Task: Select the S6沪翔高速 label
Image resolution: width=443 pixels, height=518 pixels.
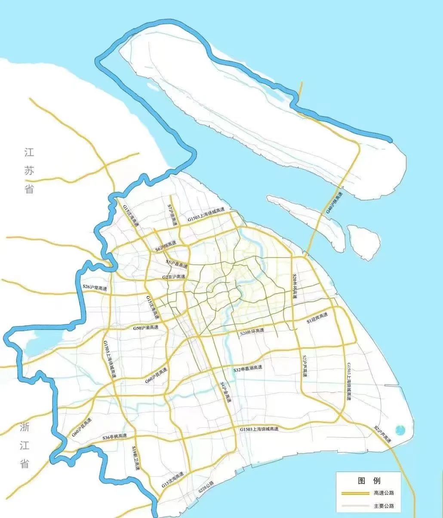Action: tap(166, 246)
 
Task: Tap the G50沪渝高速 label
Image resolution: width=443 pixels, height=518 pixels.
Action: tap(145, 328)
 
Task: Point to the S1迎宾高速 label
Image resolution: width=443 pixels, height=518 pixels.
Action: tap(317, 318)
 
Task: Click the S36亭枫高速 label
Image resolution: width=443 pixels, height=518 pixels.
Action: tap(114, 437)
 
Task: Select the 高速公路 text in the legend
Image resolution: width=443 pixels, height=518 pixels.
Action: tap(384, 493)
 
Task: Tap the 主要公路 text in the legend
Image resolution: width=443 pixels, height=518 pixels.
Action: tap(384, 506)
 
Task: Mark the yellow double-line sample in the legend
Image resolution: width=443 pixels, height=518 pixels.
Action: tap(355, 493)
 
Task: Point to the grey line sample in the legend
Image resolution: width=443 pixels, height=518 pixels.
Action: tap(355, 506)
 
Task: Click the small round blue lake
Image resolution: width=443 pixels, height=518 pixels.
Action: tap(400, 429)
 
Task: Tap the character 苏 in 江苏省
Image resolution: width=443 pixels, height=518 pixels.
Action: tap(29, 170)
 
